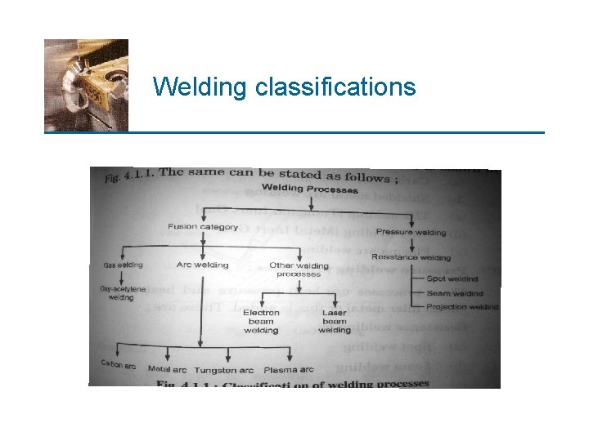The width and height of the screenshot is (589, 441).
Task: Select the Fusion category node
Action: pyautogui.click(x=202, y=226)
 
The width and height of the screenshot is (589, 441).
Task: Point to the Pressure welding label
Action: pyautogui.click(x=411, y=233)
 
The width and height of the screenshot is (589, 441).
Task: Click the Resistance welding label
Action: pyautogui.click(x=411, y=257)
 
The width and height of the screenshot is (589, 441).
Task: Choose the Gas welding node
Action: pyautogui.click(x=123, y=264)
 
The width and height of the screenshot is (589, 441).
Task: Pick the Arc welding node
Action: pyautogui.click(x=202, y=265)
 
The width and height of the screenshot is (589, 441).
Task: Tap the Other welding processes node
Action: pyautogui.click(x=299, y=269)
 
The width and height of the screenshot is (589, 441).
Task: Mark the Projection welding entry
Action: pyautogui.click(x=462, y=307)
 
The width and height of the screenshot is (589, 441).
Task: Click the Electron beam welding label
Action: pyautogui.click(x=261, y=321)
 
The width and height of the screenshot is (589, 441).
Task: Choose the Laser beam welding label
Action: pyautogui.click(x=334, y=321)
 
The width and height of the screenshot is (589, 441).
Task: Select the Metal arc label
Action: pyautogui.click(x=167, y=370)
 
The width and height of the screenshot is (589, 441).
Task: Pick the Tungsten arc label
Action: pyautogui.click(x=223, y=371)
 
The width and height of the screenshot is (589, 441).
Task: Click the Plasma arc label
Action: pyautogui.click(x=289, y=370)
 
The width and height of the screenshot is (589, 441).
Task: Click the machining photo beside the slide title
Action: pyautogui.click(x=86, y=84)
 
